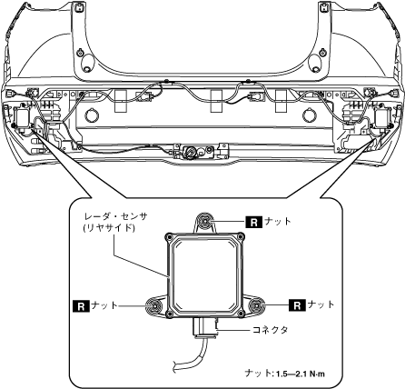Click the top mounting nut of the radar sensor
[x=204, y=220]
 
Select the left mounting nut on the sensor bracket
[x=154, y=305]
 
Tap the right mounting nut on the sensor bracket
[x=257, y=305]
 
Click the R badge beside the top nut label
[x=254, y=222]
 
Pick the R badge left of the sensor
[x=81, y=306]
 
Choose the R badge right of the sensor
[x=297, y=305]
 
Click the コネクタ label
[x=271, y=330]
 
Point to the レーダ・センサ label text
[x=116, y=216]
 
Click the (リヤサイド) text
[x=108, y=227]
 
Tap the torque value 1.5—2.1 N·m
[x=300, y=374]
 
